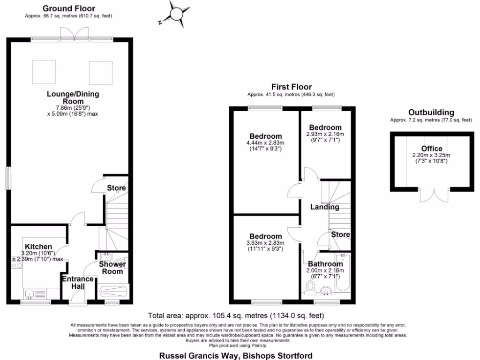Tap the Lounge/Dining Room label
[73, 97]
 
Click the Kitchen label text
[38, 247]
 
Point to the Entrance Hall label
[78, 283]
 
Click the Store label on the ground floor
[116, 188]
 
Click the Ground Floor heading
[68, 8]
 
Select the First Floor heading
[291, 87]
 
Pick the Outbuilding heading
[431, 112]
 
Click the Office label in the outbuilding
[431, 149]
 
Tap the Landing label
[324, 207]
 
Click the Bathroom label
[326, 264]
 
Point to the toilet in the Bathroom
[310, 286]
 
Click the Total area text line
[236, 315]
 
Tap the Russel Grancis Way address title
[236, 355]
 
